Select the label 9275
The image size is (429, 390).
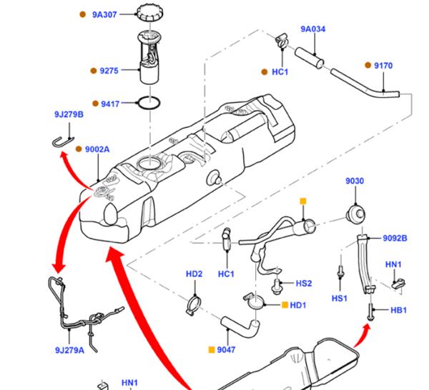click(x=109, y=71)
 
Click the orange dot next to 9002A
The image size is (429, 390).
click(x=79, y=149)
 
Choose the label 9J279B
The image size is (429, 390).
click(x=69, y=114)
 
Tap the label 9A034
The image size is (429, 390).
click(x=312, y=29)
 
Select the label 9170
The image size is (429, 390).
click(x=383, y=66)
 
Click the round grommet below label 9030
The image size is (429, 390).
click(x=355, y=213)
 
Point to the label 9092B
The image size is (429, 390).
click(x=394, y=238)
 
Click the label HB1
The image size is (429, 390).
click(x=398, y=311)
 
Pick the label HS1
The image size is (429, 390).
click(x=339, y=298)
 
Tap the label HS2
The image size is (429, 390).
click(x=304, y=284)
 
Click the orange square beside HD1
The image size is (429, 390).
click(x=285, y=306)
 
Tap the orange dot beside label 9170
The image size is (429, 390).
click(x=368, y=65)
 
